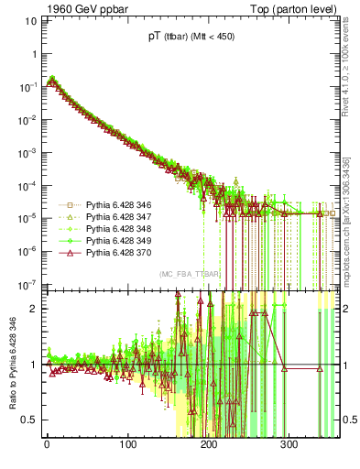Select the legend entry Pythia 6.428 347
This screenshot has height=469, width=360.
114,218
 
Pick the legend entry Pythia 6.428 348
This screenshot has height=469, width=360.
114,229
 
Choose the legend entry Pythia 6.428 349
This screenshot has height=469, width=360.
114,240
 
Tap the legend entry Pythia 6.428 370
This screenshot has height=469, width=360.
114,251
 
